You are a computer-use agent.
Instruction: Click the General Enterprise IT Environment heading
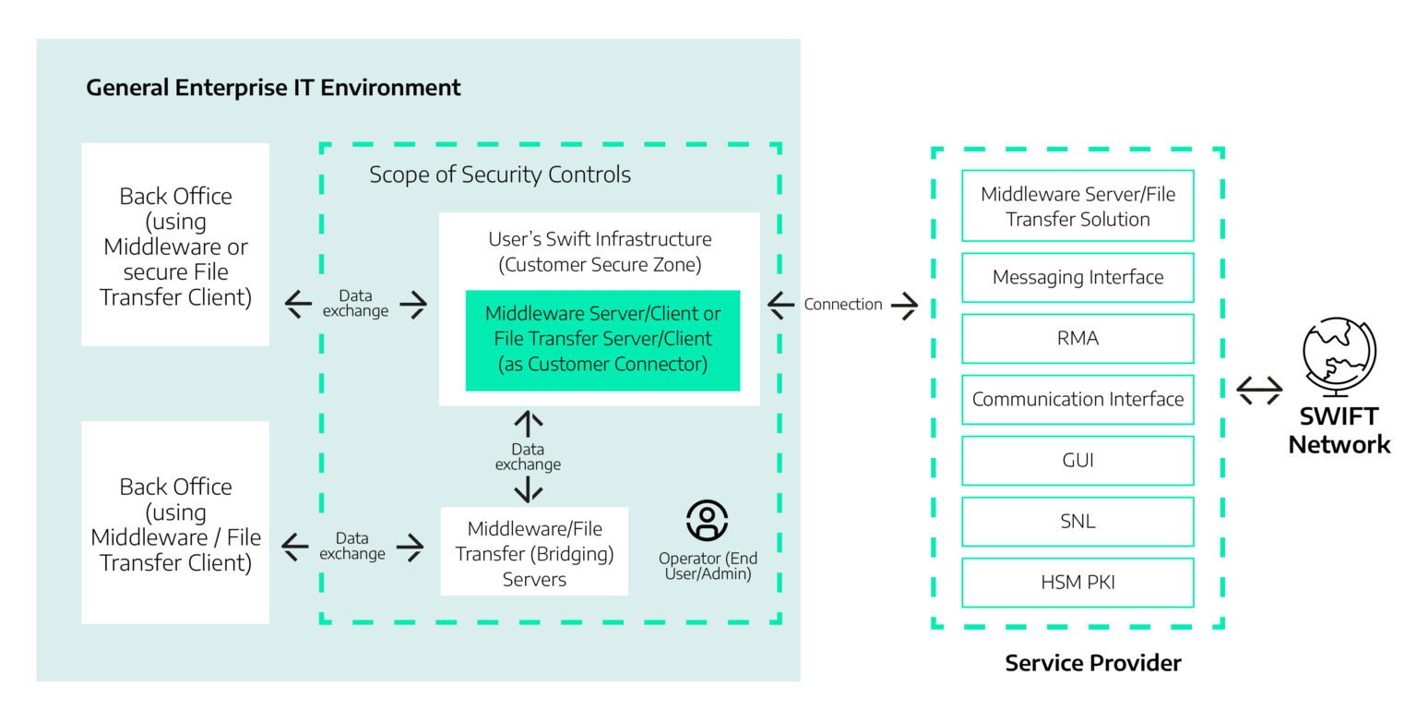click(273, 88)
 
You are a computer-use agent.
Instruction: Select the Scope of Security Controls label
click(500, 175)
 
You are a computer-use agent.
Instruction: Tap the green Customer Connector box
click(602, 339)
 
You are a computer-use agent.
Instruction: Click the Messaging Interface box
click(1078, 277)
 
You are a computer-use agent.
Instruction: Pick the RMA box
click(1078, 338)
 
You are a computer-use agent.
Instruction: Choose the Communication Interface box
click(1078, 399)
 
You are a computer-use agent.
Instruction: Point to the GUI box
click(1078, 460)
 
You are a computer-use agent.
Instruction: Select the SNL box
click(1078, 521)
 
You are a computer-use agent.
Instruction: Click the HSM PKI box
click(1078, 582)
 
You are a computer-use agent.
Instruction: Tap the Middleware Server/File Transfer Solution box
click(1078, 206)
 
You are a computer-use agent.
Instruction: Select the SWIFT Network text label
click(1339, 430)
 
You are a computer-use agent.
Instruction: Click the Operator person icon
click(708, 520)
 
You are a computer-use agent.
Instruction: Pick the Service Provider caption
click(1093, 662)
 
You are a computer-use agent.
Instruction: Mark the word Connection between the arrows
click(843, 304)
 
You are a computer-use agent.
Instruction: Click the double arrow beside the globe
click(1259, 391)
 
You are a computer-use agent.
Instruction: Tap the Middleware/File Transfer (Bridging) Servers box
click(534, 553)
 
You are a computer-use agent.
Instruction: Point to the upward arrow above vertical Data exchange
click(528, 425)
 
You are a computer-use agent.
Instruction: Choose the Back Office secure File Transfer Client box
click(175, 245)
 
